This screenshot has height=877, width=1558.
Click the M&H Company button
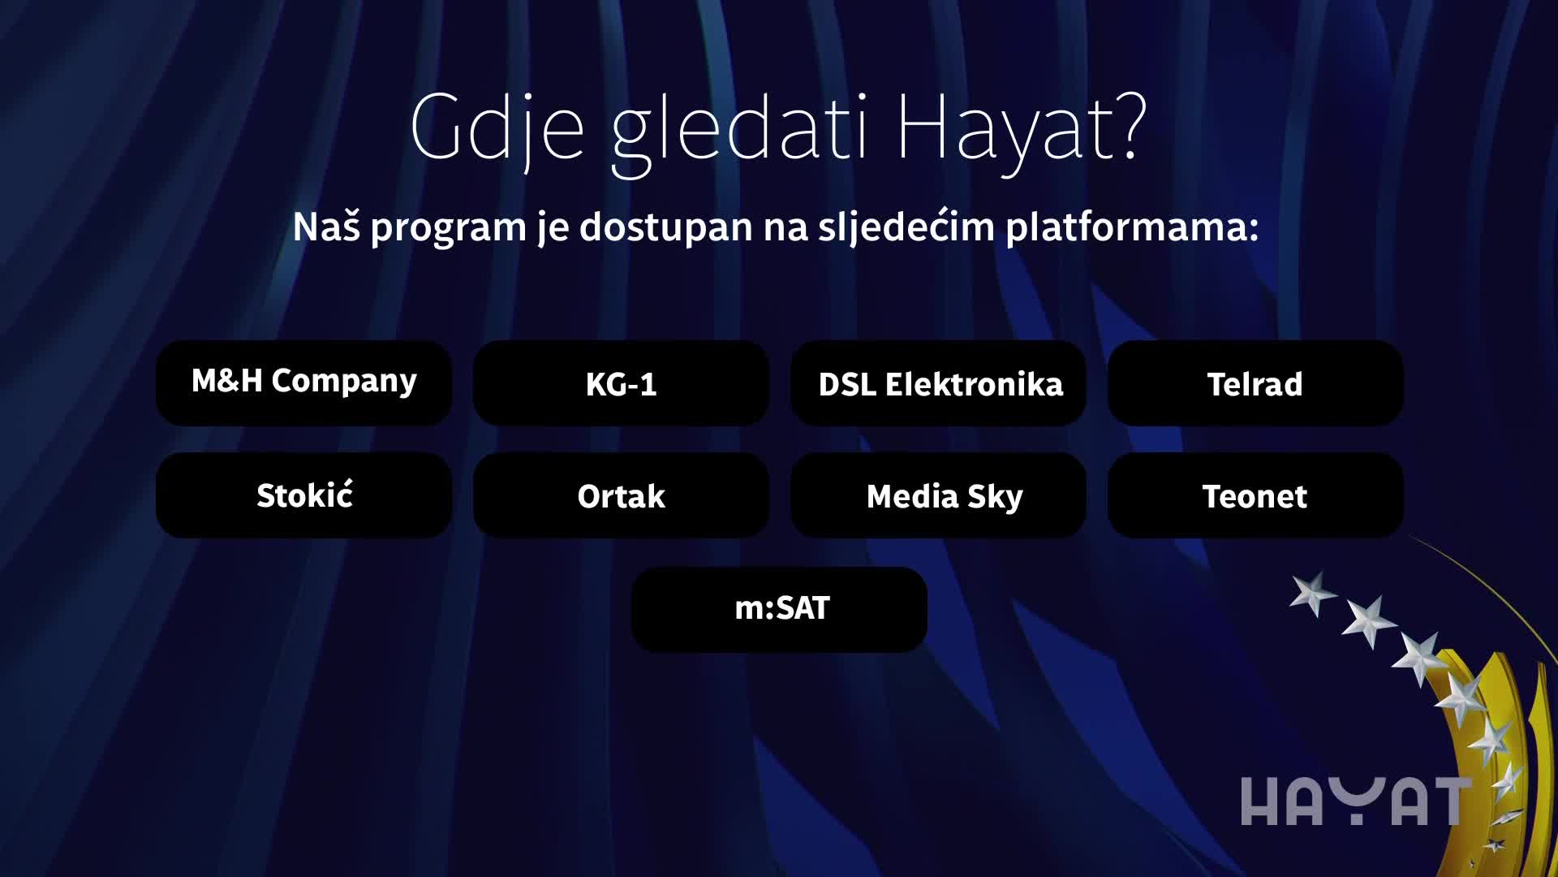point(303,382)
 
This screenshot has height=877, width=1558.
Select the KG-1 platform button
point(621,382)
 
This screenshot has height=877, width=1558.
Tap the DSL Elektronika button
point(939,382)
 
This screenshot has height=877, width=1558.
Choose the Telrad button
point(1255,382)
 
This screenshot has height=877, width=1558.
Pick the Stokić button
point(303,495)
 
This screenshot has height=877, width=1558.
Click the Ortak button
point(621,495)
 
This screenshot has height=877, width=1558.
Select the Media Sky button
point(939,495)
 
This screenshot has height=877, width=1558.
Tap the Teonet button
point(1255,495)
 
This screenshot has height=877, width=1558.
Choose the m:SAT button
point(779,609)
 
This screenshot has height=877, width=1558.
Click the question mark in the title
point(1128,124)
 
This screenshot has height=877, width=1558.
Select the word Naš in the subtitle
point(326,226)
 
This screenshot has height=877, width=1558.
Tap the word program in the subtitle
point(449,228)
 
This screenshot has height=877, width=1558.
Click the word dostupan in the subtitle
point(666,227)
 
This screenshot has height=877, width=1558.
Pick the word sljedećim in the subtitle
point(906,227)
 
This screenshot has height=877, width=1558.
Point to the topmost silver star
point(1313,593)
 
